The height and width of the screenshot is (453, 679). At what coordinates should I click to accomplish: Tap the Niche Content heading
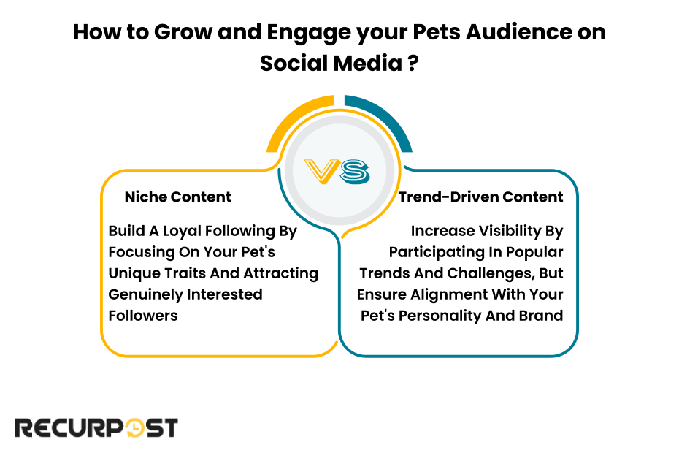click(177, 197)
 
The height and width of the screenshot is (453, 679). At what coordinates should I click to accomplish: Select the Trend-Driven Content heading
click(480, 197)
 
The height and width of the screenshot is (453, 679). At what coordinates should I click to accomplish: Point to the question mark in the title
click(413, 63)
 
